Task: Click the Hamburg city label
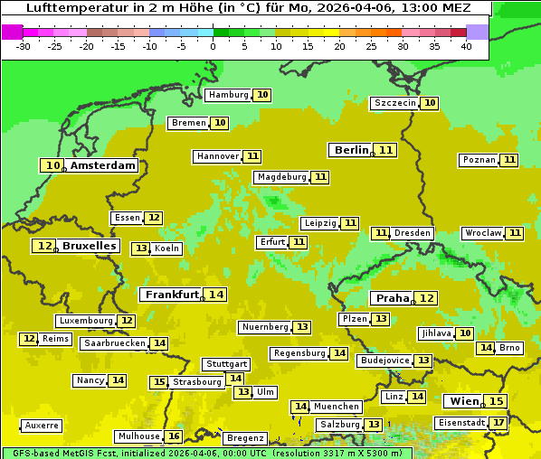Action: click(x=228, y=95)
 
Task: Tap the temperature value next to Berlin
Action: click(x=386, y=150)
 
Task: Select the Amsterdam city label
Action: click(x=103, y=165)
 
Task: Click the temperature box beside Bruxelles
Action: click(x=43, y=246)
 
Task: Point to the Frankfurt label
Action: click(x=172, y=295)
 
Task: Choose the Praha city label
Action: click(x=393, y=298)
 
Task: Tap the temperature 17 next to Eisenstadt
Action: click(x=498, y=422)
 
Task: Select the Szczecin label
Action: click(x=394, y=103)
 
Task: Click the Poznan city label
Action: click(x=479, y=160)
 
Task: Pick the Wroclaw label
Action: click(x=483, y=233)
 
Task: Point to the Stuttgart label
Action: click(x=226, y=364)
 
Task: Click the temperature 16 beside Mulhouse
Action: click(x=174, y=436)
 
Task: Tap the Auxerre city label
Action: click(x=42, y=426)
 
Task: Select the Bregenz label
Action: click(x=245, y=438)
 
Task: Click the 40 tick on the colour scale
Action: click(x=466, y=46)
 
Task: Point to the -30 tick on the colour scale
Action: click(x=23, y=46)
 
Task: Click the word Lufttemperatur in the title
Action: click(x=70, y=8)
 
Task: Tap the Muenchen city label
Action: click(x=337, y=407)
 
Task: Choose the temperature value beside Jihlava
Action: click(x=465, y=333)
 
